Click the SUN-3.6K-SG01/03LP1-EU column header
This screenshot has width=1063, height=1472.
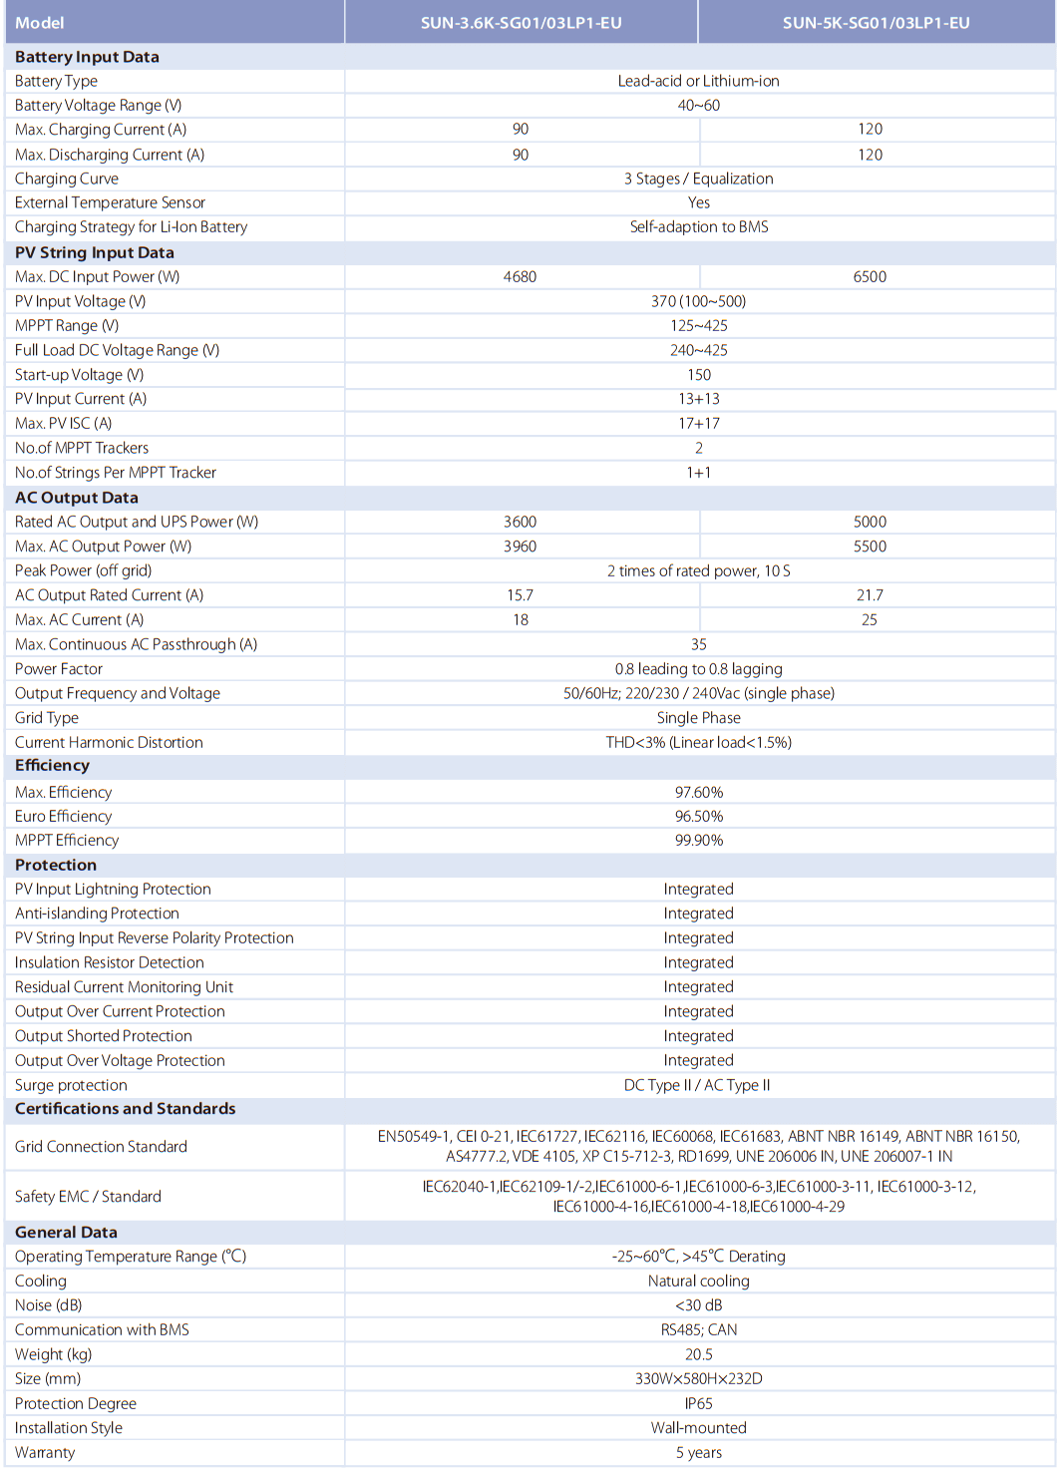(x=521, y=23)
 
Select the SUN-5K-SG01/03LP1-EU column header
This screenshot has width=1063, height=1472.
(x=876, y=23)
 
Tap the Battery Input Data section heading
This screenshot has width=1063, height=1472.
(x=87, y=57)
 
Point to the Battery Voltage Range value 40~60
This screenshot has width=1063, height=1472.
(x=698, y=105)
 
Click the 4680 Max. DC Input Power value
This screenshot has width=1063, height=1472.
(x=520, y=276)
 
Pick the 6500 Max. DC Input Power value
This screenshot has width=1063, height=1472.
(x=870, y=276)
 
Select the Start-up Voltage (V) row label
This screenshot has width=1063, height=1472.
(x=80, y=375)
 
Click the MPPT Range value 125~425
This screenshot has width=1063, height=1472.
(x=698, y=325)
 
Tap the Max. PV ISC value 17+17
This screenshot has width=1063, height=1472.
(x=698, y=423)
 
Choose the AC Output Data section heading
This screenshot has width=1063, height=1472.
(x=77, y=498)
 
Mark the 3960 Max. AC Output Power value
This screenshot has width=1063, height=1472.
(x=520, y=547)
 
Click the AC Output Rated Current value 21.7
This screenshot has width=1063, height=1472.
(x=870, y=595)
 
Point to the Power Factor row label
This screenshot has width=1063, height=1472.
(x=59, y=669)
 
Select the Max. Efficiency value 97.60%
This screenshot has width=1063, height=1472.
(x=698, y=792)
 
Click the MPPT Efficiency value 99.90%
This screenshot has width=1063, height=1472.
(x=698, y=840)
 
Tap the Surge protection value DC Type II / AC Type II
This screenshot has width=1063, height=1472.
(x=697, y=1085)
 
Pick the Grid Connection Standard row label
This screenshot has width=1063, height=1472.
(x=101, y=1147)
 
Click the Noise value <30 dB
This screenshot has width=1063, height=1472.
(x=698, y=1305)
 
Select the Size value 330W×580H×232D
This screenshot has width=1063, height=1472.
(x=698, y=1378)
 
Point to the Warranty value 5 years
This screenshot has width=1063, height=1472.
(x=698, y=1452)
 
